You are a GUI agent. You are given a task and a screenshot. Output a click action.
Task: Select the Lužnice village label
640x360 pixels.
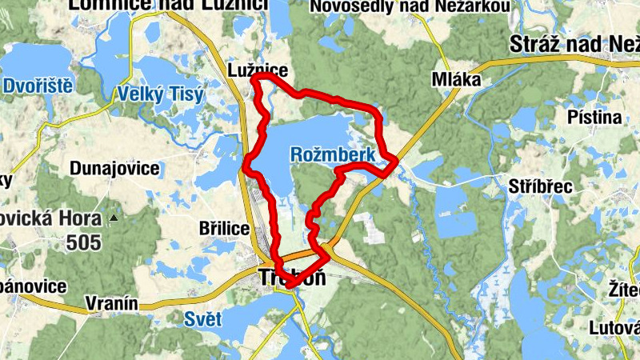coord(257,70)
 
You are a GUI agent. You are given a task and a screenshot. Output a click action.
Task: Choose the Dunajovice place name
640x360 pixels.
coord(114,169)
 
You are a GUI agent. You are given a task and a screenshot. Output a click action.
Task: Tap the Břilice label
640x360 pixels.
coord(224,229)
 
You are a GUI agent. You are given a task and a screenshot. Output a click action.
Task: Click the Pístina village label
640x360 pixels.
coord(594,118)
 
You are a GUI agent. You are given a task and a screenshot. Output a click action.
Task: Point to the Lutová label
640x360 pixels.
coord(614,328)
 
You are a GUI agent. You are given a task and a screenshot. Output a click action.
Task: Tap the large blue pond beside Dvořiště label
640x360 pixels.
coord(32,64)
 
